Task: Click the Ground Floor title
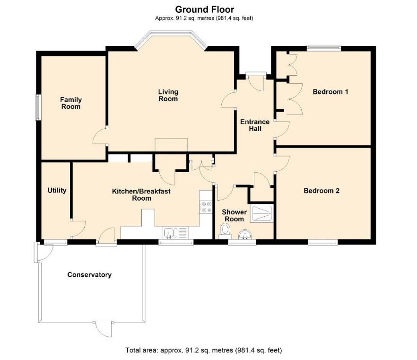point(205,9)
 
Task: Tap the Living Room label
point(168,95)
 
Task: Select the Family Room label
point(70,103)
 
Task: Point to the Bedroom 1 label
point(330,92)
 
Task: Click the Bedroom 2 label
point(321,191)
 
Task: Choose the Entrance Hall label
point(255,125)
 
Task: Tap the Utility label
point(57,191)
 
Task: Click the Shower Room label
point(234,216)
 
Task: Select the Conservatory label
point(89,275)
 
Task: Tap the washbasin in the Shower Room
point(245,234)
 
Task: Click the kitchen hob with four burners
point(206,206)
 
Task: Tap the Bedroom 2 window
point(323,242)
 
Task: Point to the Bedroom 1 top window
point(323,47)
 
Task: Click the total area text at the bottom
point(203,351)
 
